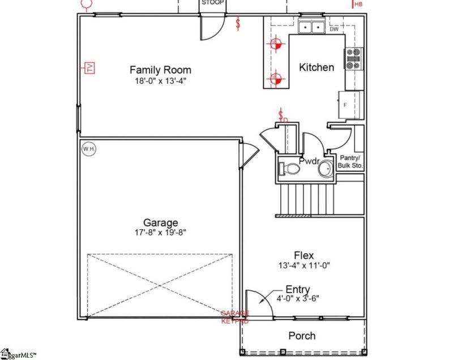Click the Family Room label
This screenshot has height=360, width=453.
160,70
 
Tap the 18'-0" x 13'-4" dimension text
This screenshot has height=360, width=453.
160,81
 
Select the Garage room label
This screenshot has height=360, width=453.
160,222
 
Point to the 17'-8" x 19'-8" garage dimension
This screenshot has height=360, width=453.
160,232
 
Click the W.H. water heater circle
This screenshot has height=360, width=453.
88,148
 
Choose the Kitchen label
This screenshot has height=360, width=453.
316,67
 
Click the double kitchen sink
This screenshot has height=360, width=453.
311,26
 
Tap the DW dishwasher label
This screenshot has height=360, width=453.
334,29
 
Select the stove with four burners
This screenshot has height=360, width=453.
354,59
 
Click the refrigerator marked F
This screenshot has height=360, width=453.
348,105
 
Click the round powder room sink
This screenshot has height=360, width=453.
326,169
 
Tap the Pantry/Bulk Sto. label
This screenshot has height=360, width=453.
351,162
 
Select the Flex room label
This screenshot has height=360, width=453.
304,255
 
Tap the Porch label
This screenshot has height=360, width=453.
302,336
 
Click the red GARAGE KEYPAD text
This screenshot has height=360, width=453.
234,316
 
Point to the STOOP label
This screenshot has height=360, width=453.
213,3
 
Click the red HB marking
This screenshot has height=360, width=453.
358,5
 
